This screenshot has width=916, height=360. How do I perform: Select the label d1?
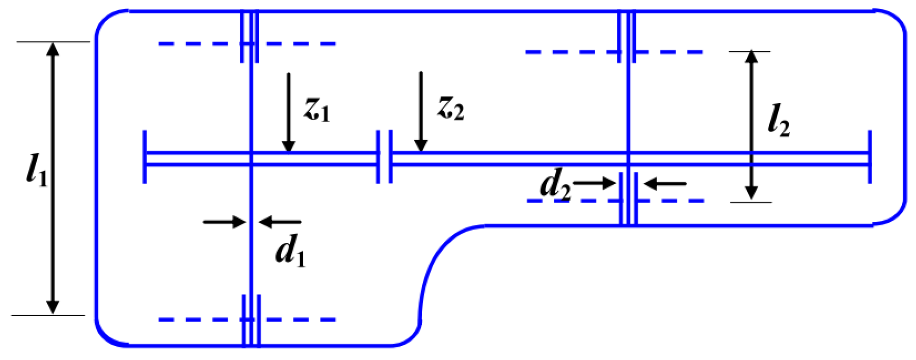[x=290, y=252]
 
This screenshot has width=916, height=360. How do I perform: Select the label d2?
[x=555, y=185]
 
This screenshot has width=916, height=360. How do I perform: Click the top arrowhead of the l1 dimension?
[x=53, y=50]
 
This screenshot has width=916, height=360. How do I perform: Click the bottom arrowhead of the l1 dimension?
[x=53, y=307]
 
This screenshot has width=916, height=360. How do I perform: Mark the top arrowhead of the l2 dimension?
[x=751, y=57]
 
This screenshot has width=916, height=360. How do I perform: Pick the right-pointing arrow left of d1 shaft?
[x=224, y=222]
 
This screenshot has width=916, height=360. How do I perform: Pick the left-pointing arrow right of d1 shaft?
[x=280, y=222]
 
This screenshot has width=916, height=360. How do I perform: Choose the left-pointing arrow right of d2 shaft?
[x=665, y=183]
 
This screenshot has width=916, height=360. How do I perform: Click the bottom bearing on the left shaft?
[x=251, y=320]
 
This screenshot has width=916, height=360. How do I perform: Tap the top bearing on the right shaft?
[x=627, y=37]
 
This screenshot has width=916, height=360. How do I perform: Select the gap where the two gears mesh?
[x=385, y=157]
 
